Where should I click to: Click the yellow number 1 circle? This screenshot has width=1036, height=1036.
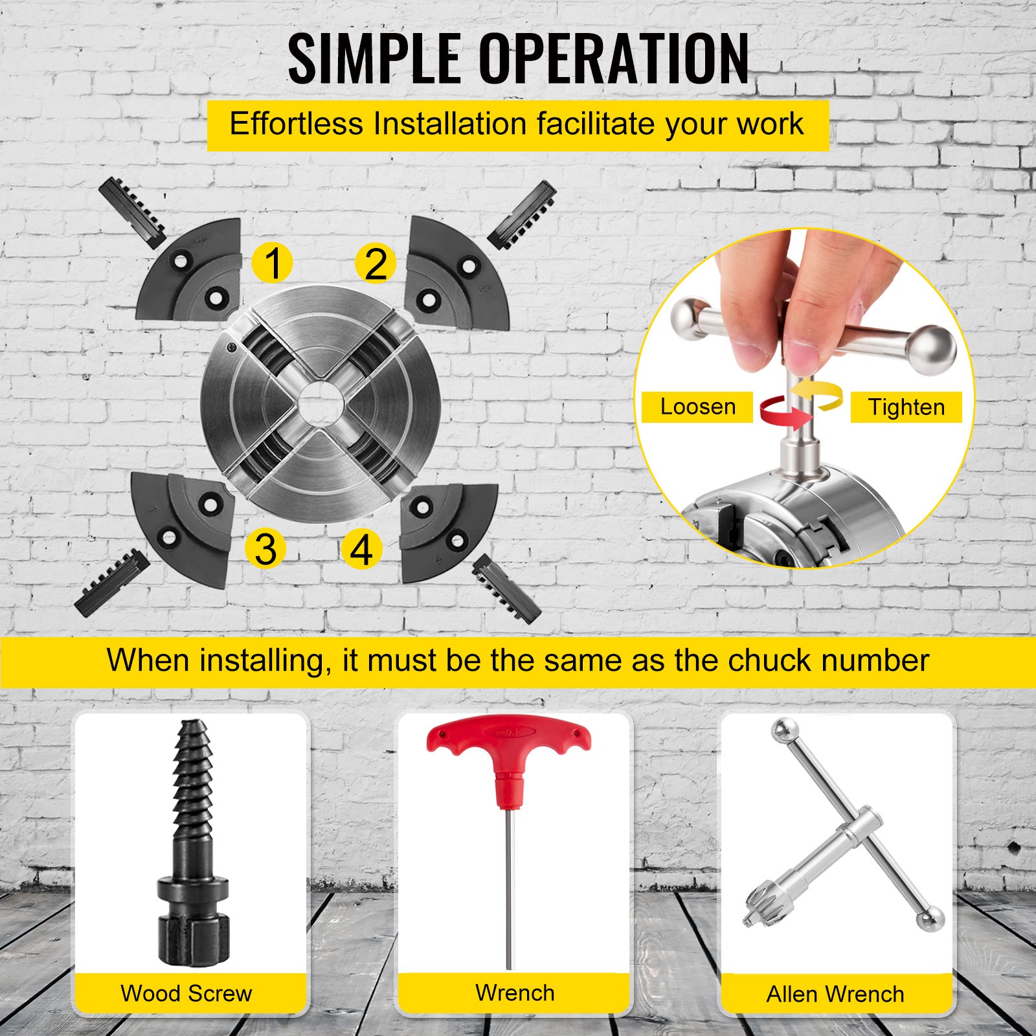[x=272, y=263]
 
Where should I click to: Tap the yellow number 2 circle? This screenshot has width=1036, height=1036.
[x=376, y=264]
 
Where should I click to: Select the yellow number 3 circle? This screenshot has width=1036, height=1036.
[x=265, y=549]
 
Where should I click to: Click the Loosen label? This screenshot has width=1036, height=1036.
[x=697, y=407]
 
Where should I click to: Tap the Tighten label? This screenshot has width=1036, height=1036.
[x=906, y=407]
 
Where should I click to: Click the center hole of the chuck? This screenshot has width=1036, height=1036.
[x=321, y=403]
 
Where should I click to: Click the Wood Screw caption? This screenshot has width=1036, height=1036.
[x=186, y=993]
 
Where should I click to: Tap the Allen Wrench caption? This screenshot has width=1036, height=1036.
[x=835, y=994]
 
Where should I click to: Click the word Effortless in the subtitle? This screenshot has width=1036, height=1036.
[x=297, y=123]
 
